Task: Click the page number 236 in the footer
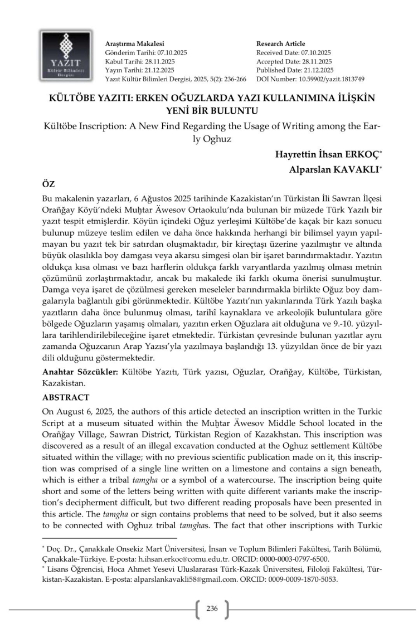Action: coord(212,608)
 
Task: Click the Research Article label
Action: coord(281,43)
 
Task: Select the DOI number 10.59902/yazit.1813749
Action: coord(329,79)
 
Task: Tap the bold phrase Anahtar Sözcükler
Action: coord(80,371)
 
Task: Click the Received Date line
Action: coord(294,52)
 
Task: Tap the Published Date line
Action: coord(295,70)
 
